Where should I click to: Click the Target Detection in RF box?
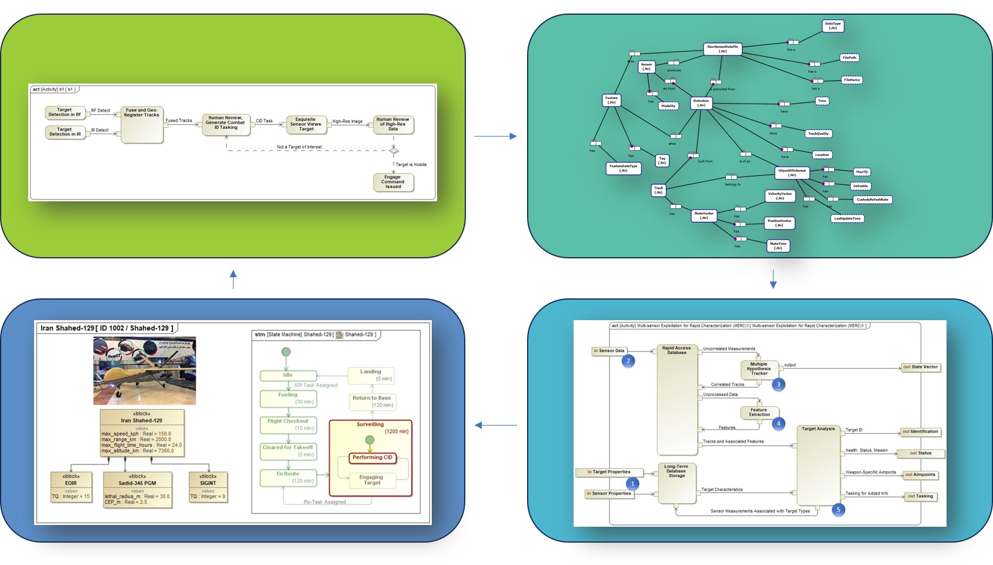pos(65,112)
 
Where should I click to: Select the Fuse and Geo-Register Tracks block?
pos(142,125)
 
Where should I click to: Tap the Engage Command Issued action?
pos(393,182)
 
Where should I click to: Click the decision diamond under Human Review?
pos(394,151)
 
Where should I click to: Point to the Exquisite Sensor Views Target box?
pos(306,124)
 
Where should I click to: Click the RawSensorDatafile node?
pos(722,49)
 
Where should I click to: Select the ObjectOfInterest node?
pos(792,172)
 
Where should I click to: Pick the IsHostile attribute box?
pos(861,186)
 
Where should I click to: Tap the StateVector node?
pos(704,216)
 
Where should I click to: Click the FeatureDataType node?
pos(623,168)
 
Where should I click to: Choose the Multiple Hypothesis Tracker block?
pos(759,368)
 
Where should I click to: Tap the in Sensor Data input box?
pos(609,351)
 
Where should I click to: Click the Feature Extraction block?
pos(759,412)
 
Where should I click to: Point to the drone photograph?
pos(145,370)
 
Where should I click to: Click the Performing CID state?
pos(372,457)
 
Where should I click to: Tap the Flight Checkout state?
pos(288,424)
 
